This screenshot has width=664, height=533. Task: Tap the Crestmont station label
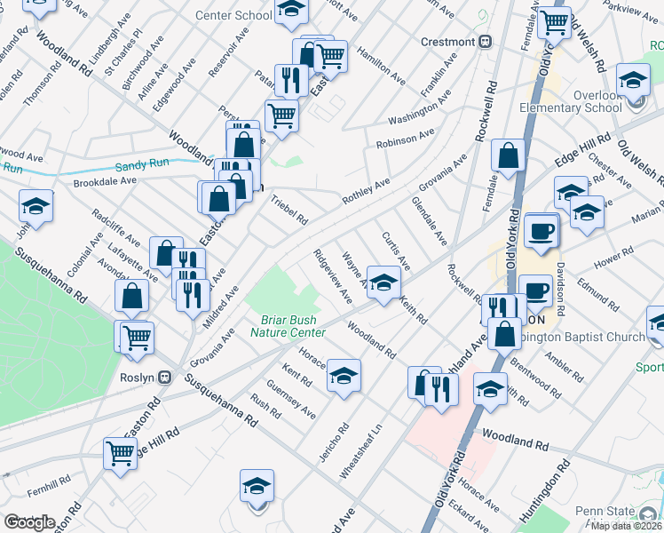(448, 42)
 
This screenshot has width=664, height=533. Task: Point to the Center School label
(233, 15)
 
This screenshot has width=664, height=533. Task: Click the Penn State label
(627, 511)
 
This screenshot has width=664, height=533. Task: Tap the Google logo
(29, 523)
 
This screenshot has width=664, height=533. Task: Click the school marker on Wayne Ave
(383, 283)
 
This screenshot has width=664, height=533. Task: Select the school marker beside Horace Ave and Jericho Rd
(344, 376)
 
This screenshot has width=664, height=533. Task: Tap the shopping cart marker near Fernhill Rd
(121, 453)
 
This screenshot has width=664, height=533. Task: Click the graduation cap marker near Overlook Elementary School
(634, 82)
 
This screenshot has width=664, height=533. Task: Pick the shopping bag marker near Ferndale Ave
(507, 155)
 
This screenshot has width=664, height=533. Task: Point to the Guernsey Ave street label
(296, 401)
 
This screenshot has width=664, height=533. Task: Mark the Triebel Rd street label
(289, 210)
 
